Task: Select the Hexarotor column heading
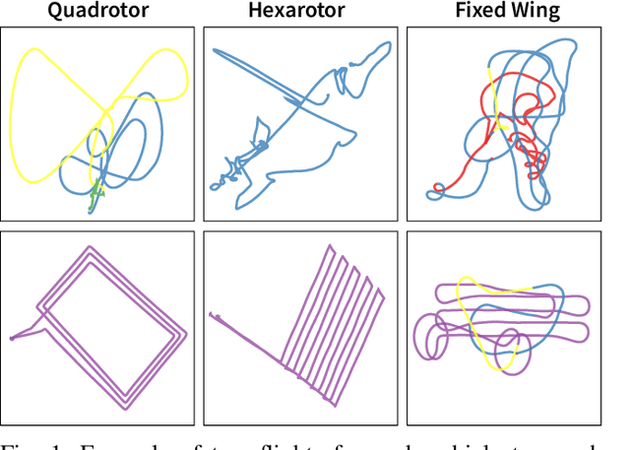[x=298, y=12]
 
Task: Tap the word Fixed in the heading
[x=480, y=12]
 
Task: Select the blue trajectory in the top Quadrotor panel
[x=157, y=128]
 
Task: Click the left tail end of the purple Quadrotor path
[x=12, y=339]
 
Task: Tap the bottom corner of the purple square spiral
[x=124, y=406]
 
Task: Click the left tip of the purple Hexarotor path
[x=211, y=315]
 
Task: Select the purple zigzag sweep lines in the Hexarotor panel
[x=325, y=315]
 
